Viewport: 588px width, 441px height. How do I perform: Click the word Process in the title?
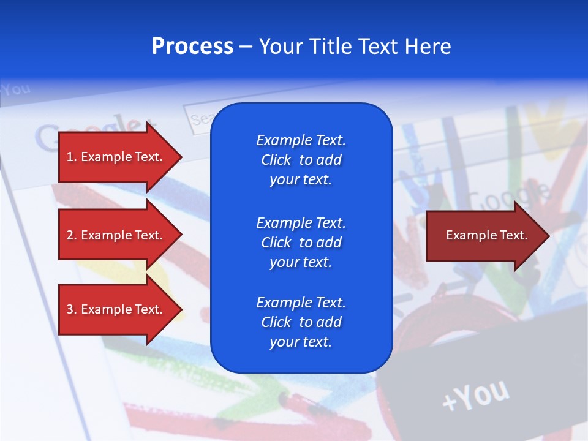click(x=192, y=47)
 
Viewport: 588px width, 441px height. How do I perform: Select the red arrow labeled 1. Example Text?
click(x=116, y=157)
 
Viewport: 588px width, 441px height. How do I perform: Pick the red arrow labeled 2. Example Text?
click(x=116, y=235)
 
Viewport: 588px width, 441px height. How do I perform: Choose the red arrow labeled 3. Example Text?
click(x=116, y=309)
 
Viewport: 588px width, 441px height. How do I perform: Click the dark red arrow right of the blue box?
click(x=484, y=235)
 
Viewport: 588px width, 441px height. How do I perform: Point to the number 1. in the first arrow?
click(x=71, y=157)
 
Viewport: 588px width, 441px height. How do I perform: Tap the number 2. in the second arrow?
click(x=71, y=235)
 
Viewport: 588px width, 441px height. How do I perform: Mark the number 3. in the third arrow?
click(x=71, y=309)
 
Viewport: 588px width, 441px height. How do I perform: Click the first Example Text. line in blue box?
click(x=301, y=140)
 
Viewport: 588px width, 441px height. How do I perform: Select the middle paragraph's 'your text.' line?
click(x=301, y=262)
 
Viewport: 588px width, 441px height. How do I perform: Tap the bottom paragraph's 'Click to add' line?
click(x=301, y=322)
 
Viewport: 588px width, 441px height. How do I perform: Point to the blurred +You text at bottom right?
click(x=475, y=395)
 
